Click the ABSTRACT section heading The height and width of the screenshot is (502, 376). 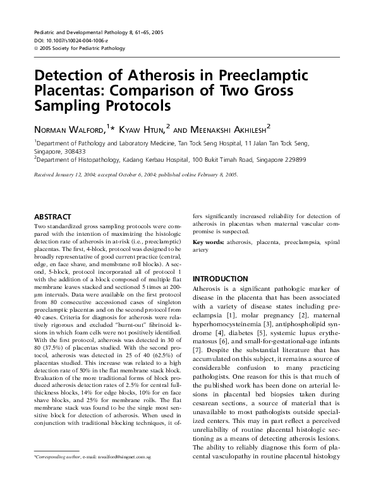tap(53, 216)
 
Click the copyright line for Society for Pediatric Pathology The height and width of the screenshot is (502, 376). tap(80, 48)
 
